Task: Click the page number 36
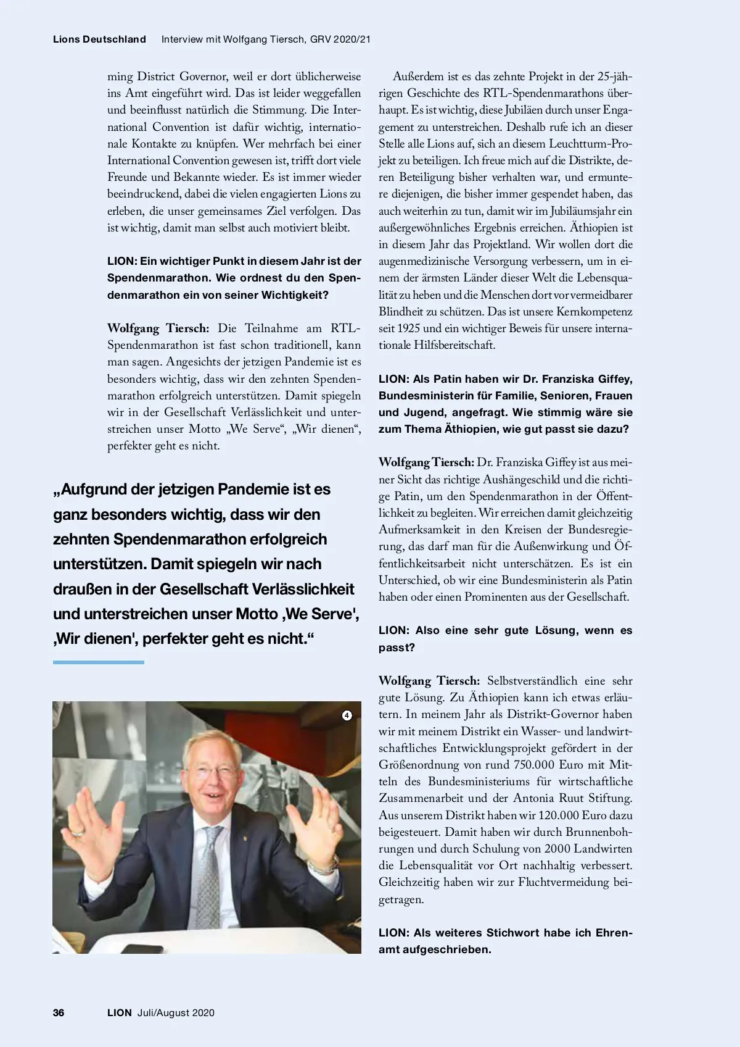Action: (x=59, y=1012)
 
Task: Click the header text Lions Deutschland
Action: (x=99, y=39)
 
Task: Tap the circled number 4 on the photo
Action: (x=347, y=715)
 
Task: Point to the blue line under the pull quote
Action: (x=99, y=662)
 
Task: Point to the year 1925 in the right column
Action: (x=408, y=328)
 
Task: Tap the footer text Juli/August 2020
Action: (x=176, y=1012)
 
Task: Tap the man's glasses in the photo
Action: (x=211, y=770)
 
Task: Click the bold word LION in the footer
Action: (x=120, y=1012)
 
